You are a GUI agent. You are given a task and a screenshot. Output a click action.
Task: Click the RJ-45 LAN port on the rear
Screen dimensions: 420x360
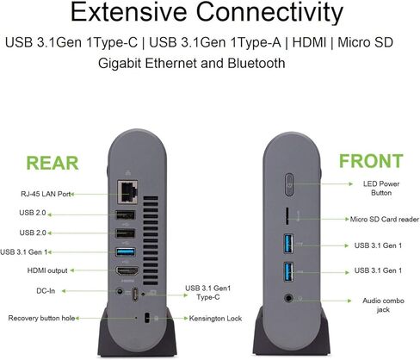pos(127,192)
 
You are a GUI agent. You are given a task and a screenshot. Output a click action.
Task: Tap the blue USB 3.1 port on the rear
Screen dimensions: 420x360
pos(126,252)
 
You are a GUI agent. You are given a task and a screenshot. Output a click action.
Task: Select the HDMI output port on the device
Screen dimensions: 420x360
pos(127,271)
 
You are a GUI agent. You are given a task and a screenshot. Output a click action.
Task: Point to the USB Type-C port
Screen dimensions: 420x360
pos(135,295)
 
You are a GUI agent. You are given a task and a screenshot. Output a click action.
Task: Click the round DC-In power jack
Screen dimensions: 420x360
pos(120,292)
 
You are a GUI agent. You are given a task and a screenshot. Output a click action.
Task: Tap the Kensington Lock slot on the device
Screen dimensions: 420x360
pos(147,318)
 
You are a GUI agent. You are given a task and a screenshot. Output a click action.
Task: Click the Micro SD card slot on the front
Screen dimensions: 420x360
pos(287,216)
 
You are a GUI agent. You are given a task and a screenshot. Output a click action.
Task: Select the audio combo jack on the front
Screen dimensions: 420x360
pos(288,298)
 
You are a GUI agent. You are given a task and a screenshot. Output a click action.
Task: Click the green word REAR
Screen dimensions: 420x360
pos(52,163)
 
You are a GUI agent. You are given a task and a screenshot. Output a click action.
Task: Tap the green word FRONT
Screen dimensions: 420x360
pos(371,161)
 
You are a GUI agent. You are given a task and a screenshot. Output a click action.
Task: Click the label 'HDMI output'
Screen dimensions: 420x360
pos(47,270)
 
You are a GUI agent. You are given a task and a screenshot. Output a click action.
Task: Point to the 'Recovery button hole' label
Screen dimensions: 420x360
pos(41,318)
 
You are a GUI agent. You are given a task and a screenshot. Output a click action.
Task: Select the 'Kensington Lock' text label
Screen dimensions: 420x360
pos(215,319)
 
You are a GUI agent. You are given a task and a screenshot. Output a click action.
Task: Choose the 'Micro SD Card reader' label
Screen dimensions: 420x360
pos(385,220)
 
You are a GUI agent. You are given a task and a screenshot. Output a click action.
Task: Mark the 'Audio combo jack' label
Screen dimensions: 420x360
pos(383,305)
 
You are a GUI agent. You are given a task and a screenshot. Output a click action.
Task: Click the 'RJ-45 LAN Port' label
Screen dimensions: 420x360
pos(46,194)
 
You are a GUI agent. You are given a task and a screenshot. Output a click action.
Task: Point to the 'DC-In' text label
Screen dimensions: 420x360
pos(46,291)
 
